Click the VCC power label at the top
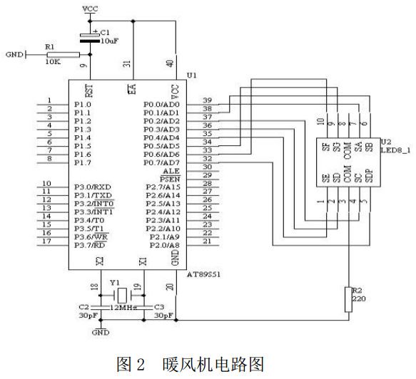point(91,9)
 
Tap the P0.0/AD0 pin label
point(163,104)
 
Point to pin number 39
point(208,100)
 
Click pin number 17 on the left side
point(48,242)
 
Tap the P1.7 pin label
point(83,163)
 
